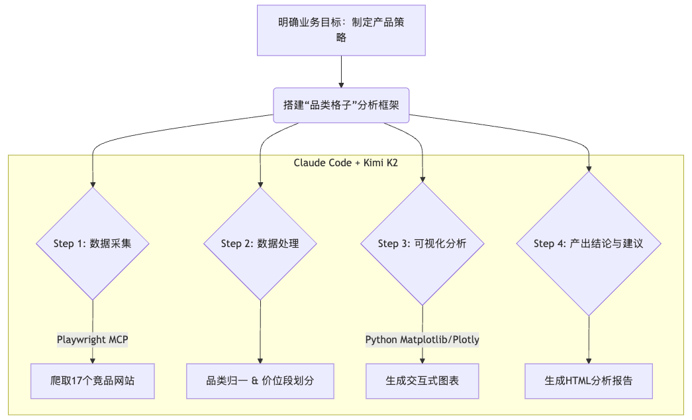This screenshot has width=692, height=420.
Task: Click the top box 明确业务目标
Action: click(341, 30)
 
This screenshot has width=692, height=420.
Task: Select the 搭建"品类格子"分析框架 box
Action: click(341, 105)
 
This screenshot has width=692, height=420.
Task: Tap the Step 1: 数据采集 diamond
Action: click(93, 244)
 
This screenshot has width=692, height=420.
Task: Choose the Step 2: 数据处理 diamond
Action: click(260, 244)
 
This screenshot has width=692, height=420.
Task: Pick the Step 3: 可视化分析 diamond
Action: click(422, 244)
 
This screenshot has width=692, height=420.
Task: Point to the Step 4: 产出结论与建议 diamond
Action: click(589, 244)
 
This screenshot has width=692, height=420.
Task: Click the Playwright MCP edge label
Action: click(93, 340)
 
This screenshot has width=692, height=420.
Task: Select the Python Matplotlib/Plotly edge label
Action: click(422, 340)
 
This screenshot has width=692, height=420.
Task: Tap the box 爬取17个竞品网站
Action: click(93, 381)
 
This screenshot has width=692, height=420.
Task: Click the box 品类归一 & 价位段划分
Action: click(260, 381)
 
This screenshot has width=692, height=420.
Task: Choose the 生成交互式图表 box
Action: click(422, 381)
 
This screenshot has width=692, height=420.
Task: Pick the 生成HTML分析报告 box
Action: click(589, 381)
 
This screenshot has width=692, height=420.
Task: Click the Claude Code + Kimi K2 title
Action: click(346, 163)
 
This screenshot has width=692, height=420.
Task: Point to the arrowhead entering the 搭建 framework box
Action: click(341, 85)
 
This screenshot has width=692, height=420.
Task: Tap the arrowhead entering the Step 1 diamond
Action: click(93, 184)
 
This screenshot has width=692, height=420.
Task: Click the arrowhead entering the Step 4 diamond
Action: click(589, 168)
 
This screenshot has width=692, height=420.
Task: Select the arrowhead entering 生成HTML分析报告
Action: click(589, 361)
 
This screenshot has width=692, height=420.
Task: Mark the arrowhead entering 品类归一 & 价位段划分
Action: click(260, 361)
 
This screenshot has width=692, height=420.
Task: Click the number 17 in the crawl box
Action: click(76, 381)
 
